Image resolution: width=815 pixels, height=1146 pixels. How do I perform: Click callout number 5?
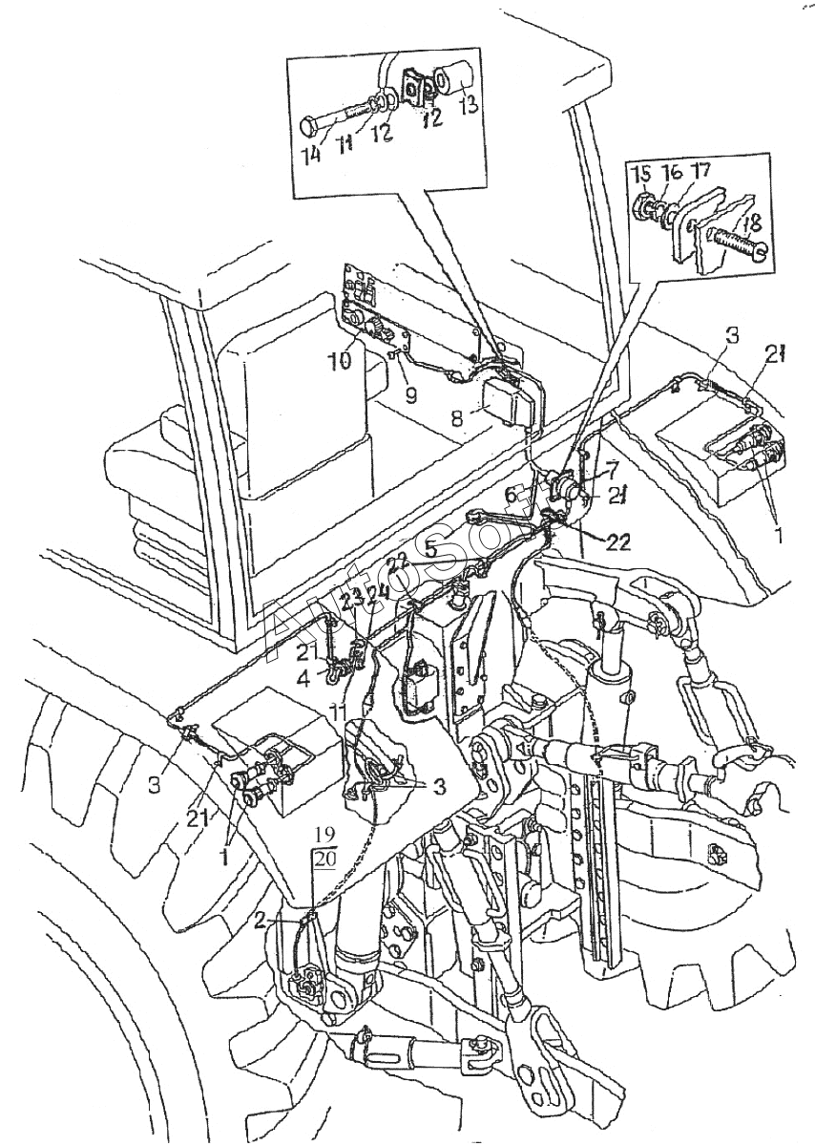430,549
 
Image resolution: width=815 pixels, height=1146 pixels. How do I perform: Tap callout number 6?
511,495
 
